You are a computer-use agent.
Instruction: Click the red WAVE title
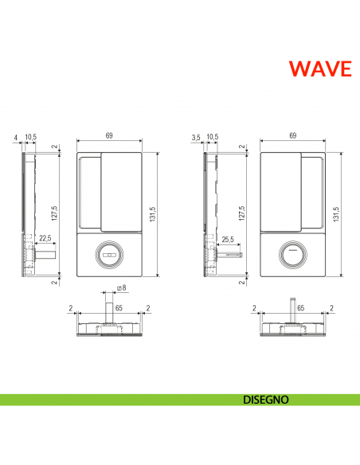point(319,68)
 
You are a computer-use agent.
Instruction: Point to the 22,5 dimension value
point(45,238)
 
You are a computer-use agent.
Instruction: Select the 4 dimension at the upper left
point(16,138)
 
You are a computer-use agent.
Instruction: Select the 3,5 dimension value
point(196,138)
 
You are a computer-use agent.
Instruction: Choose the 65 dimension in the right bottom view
point(301,307)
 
